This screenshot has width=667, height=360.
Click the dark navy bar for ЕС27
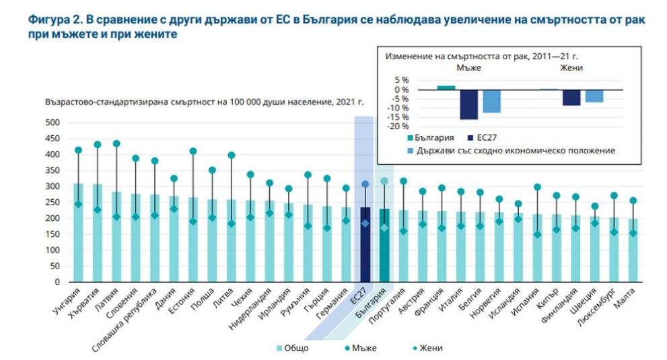[365, 245]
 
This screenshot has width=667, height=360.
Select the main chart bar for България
[384, 246]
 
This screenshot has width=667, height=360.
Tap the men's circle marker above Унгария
[78, 150]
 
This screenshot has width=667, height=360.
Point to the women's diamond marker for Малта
[633, 233]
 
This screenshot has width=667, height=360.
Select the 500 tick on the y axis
[52, 122]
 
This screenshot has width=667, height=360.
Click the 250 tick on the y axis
[52, 202]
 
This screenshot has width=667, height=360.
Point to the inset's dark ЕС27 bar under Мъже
[468, 104]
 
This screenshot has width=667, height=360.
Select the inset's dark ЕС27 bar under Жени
[571, 98]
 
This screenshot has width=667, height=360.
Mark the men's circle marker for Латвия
[116, 143]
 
